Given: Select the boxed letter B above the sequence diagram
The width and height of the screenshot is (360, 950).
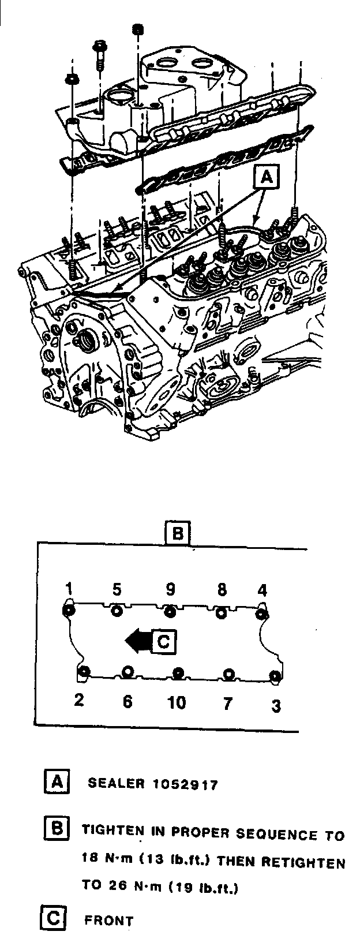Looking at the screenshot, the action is (x=177, y=533).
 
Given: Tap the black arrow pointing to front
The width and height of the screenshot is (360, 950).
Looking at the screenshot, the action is (x=137, y=641).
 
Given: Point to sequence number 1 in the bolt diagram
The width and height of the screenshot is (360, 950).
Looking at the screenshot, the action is (x=69, y=589).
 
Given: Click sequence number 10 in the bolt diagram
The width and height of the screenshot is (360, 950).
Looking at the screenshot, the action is (x=177, y=702).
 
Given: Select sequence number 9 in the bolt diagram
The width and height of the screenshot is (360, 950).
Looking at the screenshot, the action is (x=170, y=589).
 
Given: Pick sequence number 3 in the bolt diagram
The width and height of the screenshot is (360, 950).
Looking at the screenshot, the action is (x=276, y=705).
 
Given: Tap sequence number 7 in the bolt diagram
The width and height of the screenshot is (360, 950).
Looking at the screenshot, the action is (x=228, y=704).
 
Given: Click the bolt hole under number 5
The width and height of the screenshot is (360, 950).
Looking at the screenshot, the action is (x=117, y=611).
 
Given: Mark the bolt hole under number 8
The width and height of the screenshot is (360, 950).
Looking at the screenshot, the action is (x=220, y=613).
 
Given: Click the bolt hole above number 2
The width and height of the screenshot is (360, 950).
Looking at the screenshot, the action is (x=84, y=671).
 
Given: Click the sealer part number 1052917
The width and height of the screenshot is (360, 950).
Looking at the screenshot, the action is (x=186, y=784).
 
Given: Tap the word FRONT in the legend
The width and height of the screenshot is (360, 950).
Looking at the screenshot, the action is (x=108, y=921).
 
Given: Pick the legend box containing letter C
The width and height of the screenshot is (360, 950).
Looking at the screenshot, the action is (x=53, y=918).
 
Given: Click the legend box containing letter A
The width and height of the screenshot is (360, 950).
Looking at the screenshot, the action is (x=57, y=782).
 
